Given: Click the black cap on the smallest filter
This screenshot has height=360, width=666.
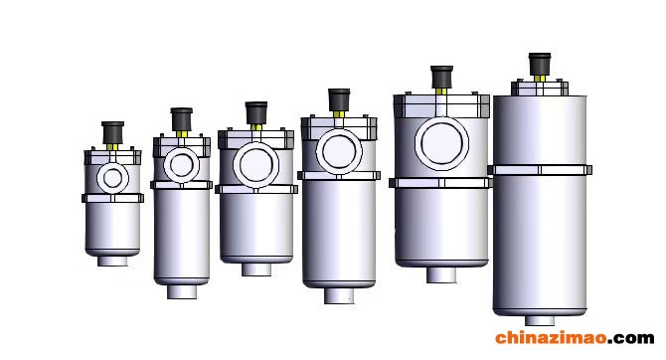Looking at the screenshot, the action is [112, 132].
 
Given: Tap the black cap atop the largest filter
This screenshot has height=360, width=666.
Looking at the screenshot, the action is [540, 65].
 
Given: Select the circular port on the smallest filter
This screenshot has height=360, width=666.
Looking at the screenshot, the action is [112, 178].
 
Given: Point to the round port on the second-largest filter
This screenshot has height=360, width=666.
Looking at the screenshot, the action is [441, 143].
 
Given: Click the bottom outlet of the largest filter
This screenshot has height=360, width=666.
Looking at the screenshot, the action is [540, 320].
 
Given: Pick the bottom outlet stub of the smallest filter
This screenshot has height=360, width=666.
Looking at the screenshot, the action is [112, 261].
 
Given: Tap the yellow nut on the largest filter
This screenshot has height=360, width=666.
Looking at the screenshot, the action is [540, 79].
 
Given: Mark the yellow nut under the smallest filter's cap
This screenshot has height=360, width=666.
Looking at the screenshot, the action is [112, 146].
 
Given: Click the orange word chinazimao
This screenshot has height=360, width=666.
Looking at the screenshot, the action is [552, 337].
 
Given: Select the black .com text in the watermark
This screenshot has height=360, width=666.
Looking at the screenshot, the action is [631, 338].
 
